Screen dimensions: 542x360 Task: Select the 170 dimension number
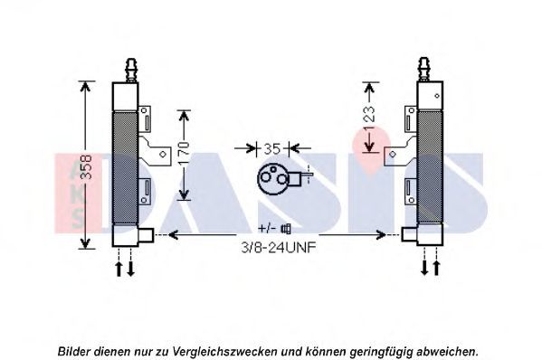pos(184,153)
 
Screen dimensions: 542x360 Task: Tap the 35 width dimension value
pos(272,149)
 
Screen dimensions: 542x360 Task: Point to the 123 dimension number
pos(369,118)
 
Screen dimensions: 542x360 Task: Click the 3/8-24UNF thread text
pos(279,247)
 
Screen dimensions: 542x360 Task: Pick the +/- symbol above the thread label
pos(267,228)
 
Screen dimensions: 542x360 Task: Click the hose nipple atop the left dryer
pos(131,70)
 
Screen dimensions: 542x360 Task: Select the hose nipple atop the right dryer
pos(424,70)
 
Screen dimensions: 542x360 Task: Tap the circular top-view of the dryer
pos(273,178)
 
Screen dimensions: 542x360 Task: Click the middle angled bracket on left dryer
pos(156,151)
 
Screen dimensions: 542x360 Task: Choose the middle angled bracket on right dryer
pos(400,151)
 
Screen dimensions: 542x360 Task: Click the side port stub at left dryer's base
pos(146,235)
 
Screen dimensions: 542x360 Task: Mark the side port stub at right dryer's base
pos(410,235)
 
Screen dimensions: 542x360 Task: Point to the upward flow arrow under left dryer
pos(119,269)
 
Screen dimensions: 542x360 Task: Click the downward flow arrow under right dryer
pos(424,268)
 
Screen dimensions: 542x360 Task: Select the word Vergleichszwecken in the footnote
pos(224,352)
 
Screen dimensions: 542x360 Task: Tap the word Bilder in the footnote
pos(74,352)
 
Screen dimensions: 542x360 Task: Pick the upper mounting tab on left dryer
pos(145,118)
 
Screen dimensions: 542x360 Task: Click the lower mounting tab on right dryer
pos(411,191)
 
